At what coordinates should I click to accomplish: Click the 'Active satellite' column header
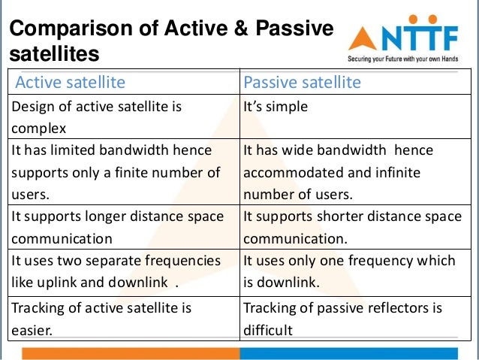coord(71,82)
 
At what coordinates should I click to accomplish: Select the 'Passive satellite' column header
coord(302,82)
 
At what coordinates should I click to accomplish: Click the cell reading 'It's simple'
coord(276,107)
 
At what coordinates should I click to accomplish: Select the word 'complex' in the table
coord(39,128)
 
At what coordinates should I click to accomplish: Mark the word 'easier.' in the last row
coord(32,329)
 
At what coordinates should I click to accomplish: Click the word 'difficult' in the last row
coord(268,329)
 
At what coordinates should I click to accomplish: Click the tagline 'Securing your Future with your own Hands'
coord(408,58)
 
